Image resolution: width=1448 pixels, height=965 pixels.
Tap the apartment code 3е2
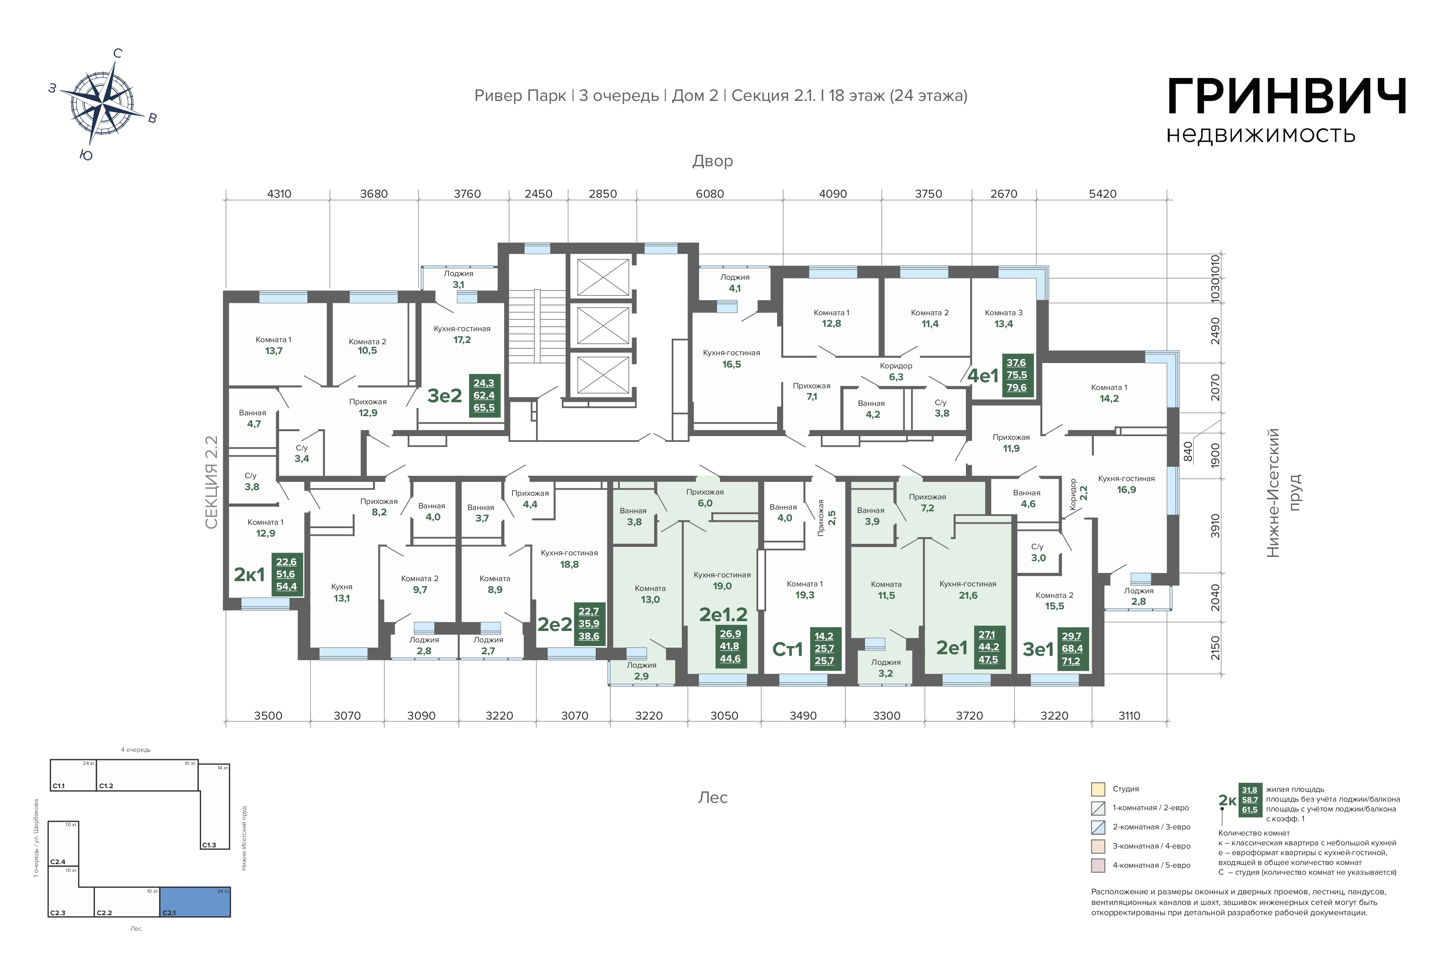click(445, 396)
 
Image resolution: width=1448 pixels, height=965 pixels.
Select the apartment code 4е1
click(983, 375)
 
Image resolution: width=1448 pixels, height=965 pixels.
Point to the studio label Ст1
click(787, 649)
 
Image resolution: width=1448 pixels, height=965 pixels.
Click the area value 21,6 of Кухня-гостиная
click(968, 595)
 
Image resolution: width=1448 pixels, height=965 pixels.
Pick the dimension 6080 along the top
click(710, 194)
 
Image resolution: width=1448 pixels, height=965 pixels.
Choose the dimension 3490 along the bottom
click(803, 716)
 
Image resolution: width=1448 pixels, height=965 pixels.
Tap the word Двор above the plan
click(712, 161)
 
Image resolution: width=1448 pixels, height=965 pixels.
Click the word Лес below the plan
click(713, 798)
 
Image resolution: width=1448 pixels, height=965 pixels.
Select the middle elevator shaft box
click(603, 325)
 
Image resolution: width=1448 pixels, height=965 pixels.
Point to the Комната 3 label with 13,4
click(1003, 318)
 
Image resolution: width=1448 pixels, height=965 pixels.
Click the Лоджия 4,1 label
click(735, 283)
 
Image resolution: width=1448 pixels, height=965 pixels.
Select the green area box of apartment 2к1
click(287, 574)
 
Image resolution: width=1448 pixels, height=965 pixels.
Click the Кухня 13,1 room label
click(342, 593)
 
